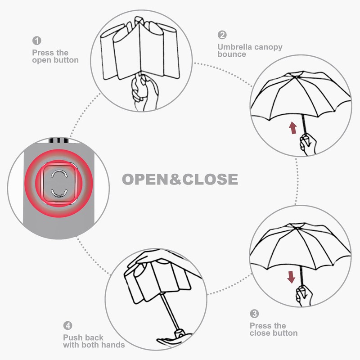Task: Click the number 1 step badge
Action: [x=36, y=40]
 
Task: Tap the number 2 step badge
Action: [x=222, y=35]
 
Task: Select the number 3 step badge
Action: [x=255, y=314]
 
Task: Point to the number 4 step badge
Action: [x=68, y=325]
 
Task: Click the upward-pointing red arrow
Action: [x=293, y=128]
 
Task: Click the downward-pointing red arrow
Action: [x=292, y=277]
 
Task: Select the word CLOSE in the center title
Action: [x=210, y=180]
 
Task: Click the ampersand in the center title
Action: [x=176, y=180]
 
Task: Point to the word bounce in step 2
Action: [x=232, y=54]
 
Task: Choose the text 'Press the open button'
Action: [x=55, y=56]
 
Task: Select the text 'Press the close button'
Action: [x=274, y=329]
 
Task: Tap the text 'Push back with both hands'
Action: [x=94, y=341]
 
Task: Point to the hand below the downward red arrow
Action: [x=303, y=296]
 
